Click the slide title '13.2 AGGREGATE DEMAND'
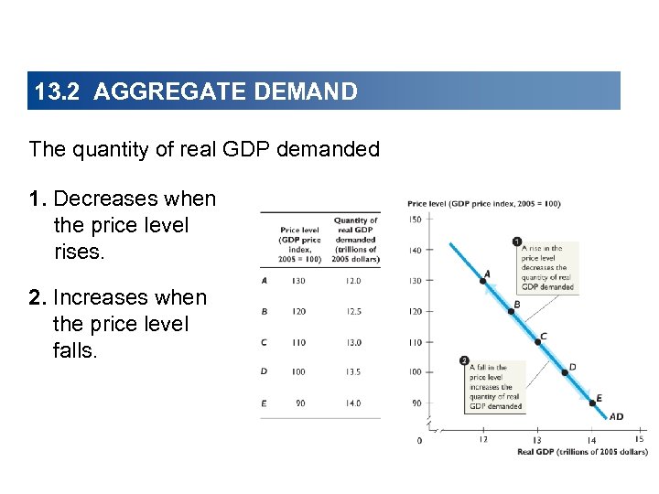pos(195,91)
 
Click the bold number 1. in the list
pos(38,199)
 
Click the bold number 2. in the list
pos(38,298)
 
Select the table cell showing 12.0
pos(352,281)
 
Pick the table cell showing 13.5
pos(352,372)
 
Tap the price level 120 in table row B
pos(299,312)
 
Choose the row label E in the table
pos(265,403)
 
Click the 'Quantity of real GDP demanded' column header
pos(355,240)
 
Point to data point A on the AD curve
pos(483,281)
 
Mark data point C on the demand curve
pos(537,342)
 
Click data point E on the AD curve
pos(591,403)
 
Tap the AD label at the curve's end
pos(616,417)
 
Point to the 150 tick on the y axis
pos(416,220)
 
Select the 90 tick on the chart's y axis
pos(416,403)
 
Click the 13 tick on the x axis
pos(537,440)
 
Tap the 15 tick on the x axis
pos(639,439)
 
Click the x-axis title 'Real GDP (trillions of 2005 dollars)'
pos(582,452)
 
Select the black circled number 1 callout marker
pos(518,242)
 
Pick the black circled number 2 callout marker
pos(465,360)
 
